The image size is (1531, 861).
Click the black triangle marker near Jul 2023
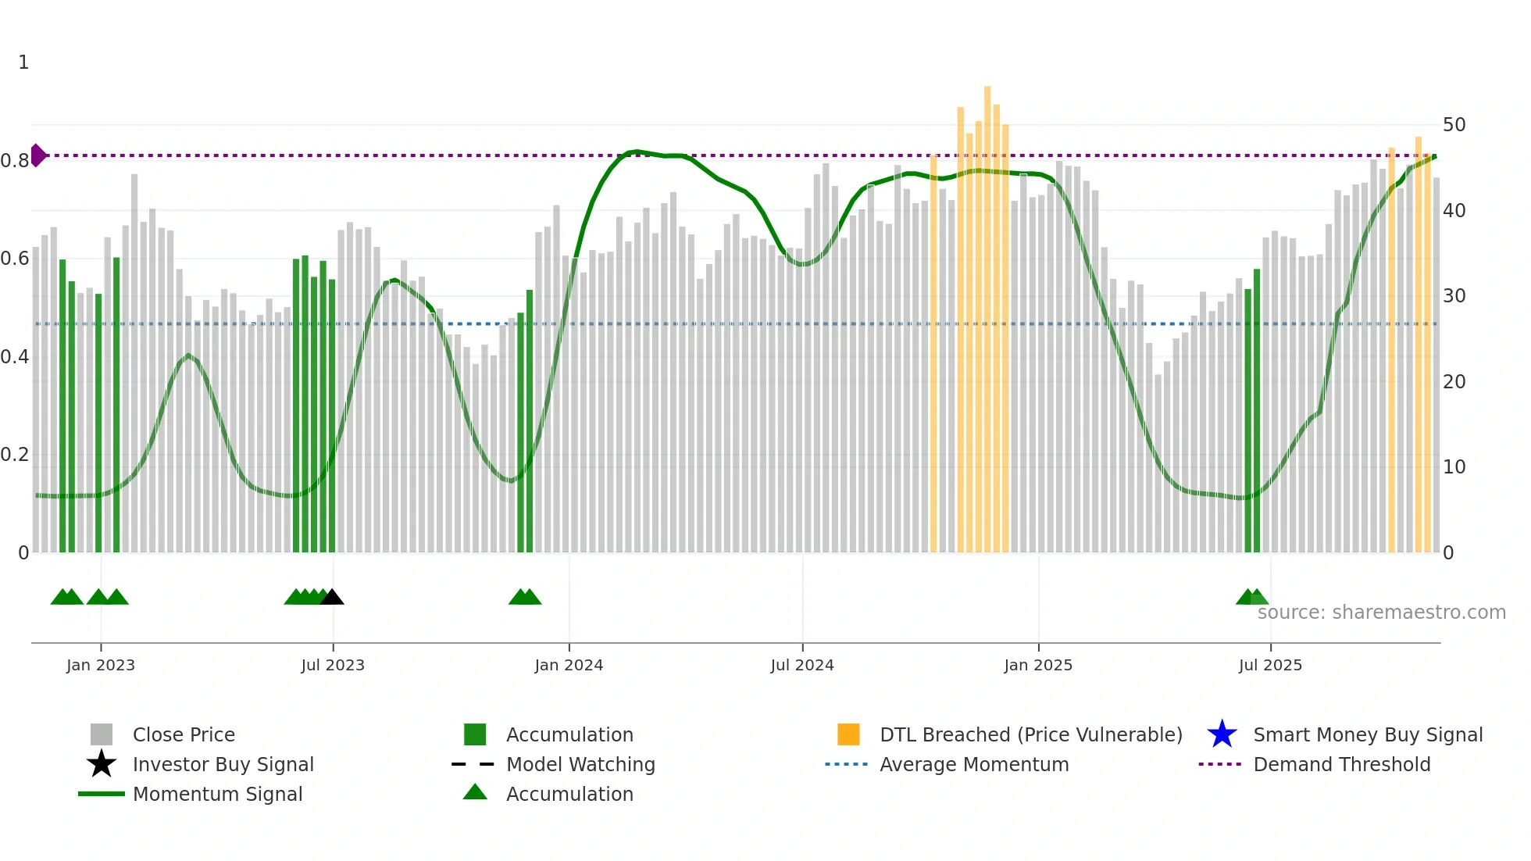pyautogui.click(x=332, y=597)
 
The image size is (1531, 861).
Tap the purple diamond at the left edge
pyautogui.click(x=37, y=155)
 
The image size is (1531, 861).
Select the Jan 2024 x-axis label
pyautogui.click(x=569, y=665)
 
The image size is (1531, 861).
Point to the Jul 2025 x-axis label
pyautogui.click(x=1270, y=665)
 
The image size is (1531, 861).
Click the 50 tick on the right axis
pyautogui.click(x=1454, y=125)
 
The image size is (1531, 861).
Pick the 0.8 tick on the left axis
pyautogui.click(x=15, y=161)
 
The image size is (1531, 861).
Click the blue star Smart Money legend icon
pyautogui.click(x=1222, y=734)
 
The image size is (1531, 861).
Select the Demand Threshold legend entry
pyautogui.click(x=1341, y=764)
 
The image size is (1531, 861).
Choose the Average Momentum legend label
pyautogui.click(x=974, y=764)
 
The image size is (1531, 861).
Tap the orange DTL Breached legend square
pyautogui.click(x=848, y=734)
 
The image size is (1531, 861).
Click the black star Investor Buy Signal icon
pyautogui.click(x=102, y=764)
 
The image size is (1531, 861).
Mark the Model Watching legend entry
pyautogui.click(x=580, y=764)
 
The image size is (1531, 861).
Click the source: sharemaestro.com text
pyautogui.click(x=1381, y=613)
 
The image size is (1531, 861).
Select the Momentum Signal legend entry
pyautogui.click(x=217, y=794)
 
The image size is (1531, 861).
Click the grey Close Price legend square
pyautogui.click(x=102, y=734)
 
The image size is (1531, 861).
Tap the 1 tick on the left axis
pyautogui.click(x=23, y=63)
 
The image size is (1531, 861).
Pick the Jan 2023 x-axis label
pyautogui.click(x=101, y=665)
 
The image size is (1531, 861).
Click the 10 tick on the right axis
pyautogui.click(x=1454, y=467)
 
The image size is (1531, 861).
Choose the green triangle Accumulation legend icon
pyautogui.click(x=475, y=792)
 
